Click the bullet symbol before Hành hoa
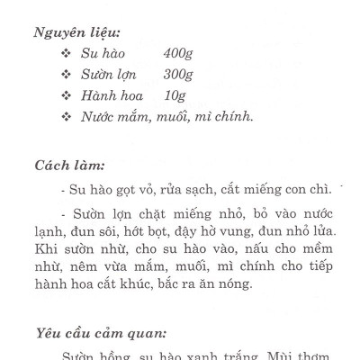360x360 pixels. click(64, 94)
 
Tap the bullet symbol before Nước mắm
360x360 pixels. click(64, 115)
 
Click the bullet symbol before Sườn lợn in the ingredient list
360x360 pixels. click(64, 74)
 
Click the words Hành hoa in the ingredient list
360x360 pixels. click(107, 94)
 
